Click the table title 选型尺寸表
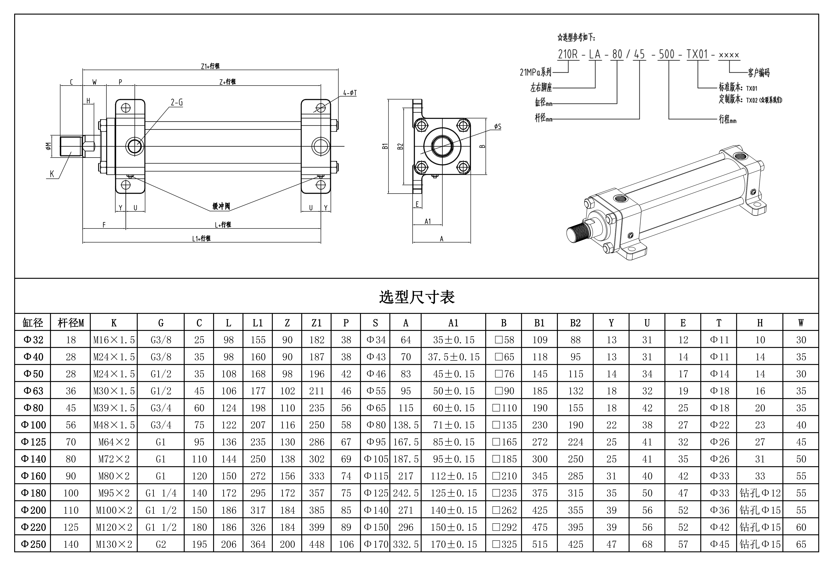416,297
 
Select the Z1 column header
316,323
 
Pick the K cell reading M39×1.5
114,408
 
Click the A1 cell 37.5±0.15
453,357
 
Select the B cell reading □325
504,544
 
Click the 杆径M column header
71,323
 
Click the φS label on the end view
497,127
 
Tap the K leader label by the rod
52,174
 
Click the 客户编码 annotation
758,73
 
